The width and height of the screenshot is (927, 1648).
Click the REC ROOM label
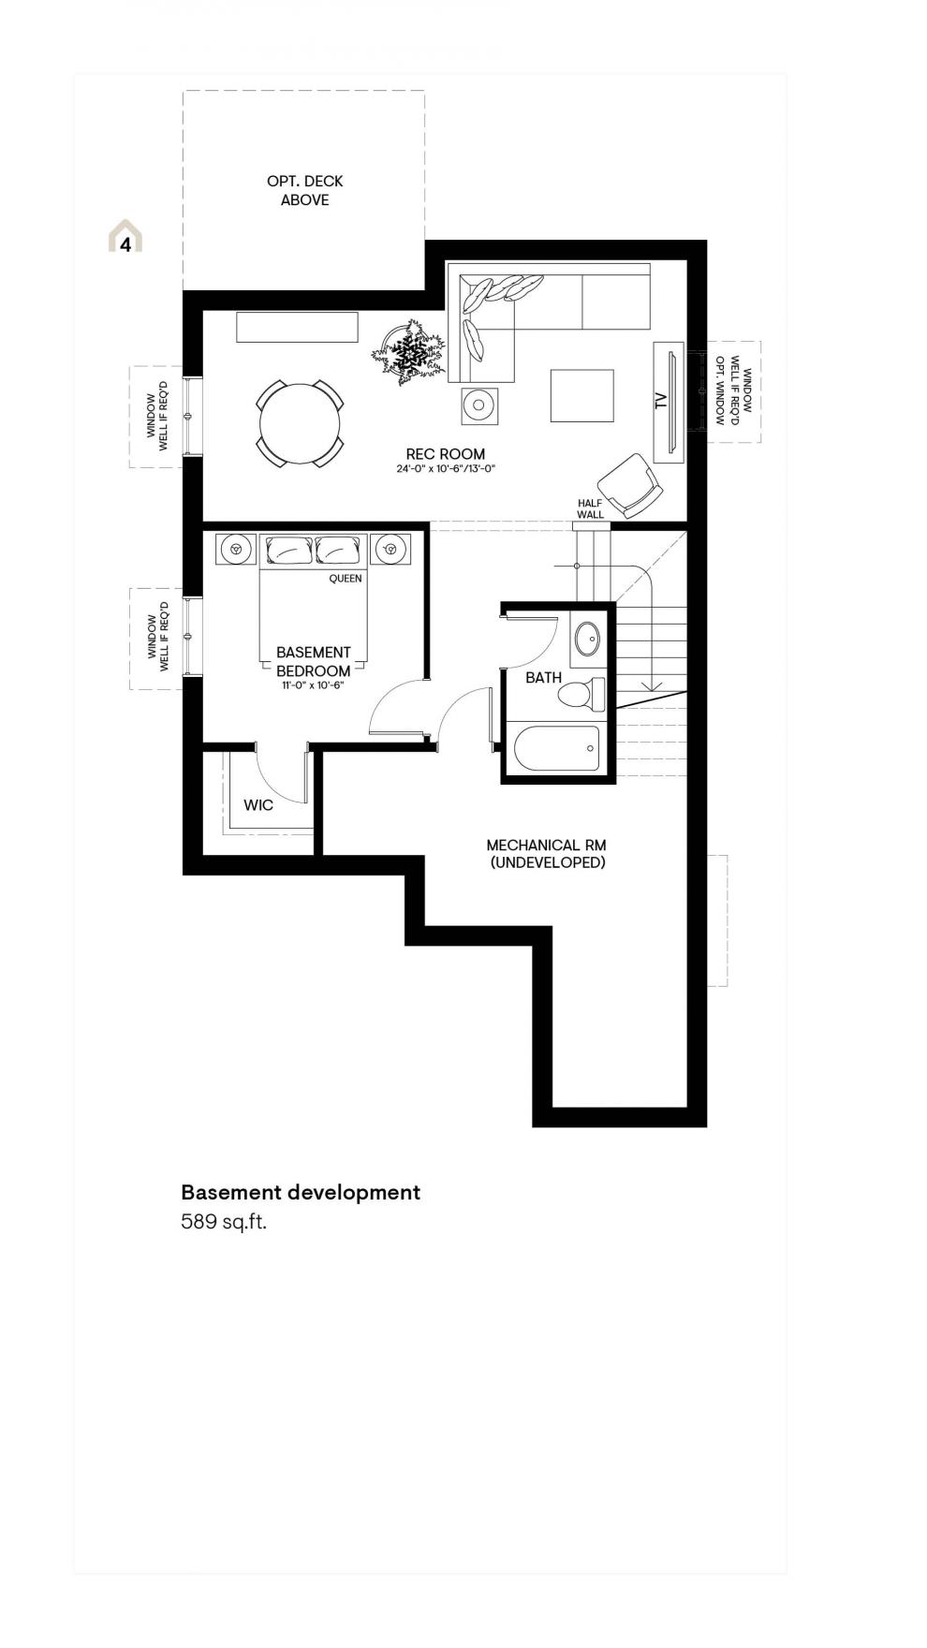tap(445, 454)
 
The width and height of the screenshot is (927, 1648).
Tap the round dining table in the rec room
tap(300, 423)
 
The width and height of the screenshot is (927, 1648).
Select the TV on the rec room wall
tap(669, 402)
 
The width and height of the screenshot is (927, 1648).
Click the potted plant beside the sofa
tap(409, 353)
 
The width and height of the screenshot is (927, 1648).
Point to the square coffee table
tap(581, 395)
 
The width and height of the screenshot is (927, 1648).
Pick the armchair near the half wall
tap(631, 485)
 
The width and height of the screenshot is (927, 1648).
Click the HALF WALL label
tap(590, 509)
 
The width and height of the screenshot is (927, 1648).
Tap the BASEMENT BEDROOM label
tap(314, 661)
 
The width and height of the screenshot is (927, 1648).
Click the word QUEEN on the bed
tap(345, 579)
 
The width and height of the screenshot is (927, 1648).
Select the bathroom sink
tap(588, 640)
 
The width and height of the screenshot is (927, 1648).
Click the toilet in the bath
tap(581, 695)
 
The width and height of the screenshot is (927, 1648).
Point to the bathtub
tap(556, 748)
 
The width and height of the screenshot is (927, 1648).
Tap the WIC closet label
tap(258, 805)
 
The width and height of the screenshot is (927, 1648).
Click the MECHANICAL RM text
tap(547, 846)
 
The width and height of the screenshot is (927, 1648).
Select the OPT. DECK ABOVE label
tap(305, 190)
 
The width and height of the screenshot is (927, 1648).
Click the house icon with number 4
tap(125, 236)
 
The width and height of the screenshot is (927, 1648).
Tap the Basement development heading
tap(301, 1192)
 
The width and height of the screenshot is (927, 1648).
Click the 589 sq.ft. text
tap(224, 1222)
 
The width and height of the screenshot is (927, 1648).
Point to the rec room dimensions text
tap(445, 469)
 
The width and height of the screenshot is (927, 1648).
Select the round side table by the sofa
tap(478, 405)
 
